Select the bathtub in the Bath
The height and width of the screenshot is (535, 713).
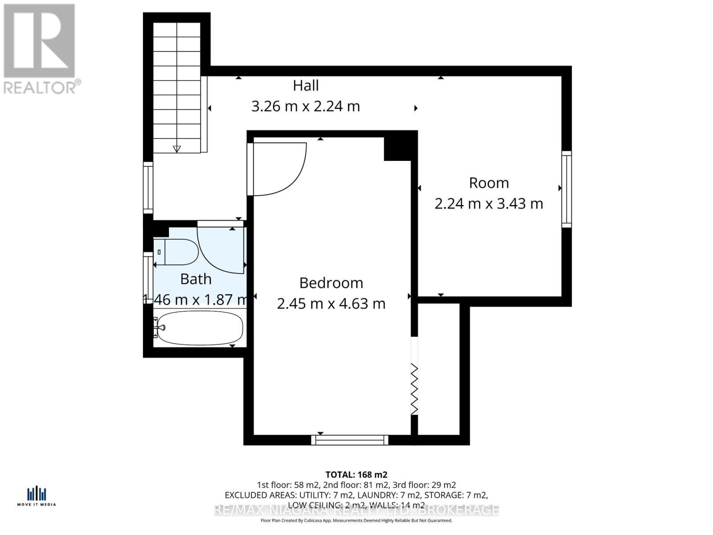pyautogui.click(x=200, y=328)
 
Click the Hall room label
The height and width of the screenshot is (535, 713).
pyautogui.click(x=306, y=86)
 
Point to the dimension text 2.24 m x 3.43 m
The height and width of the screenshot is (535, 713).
pyautogui.click(x=489, y=204)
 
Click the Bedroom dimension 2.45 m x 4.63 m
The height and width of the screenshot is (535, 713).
pyautogui.click(x=331, y=304)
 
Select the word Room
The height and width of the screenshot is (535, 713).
pyautogui.click(x=489, y=183)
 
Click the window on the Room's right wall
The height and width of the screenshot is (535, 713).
pyautogui.click(x=566, y=189)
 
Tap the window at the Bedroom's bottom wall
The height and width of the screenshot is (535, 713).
pyautogui.click(x=350, y=440)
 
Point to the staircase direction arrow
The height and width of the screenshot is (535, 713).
pyautogui.click(x=177, y=149)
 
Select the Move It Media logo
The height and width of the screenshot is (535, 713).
pyautogui.click(x=37, y=496)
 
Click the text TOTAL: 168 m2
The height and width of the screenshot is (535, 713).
pyautogui.click(x=356, y=474)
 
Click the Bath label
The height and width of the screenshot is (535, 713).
pyautogui.click(x=196, y=279)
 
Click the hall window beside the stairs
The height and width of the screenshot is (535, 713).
pyautogui.click(x=148, y=188)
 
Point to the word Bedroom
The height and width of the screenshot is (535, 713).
pyautogui.click(x=331, y=283)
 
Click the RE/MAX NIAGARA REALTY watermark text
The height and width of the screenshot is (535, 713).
pyautogui.click(x=356, y=510)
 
